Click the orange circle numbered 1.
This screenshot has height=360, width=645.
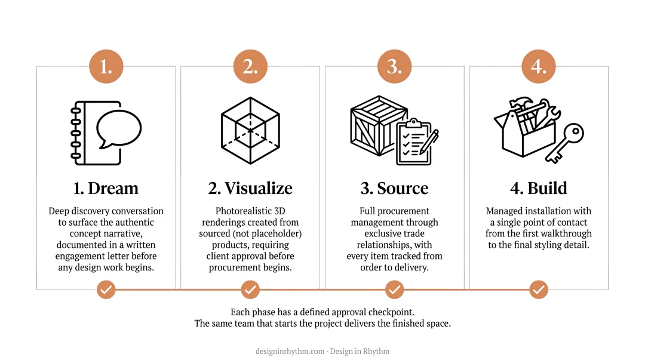point(106,66)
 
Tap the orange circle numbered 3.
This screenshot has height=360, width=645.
point(395,66)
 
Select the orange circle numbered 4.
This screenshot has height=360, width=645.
point(539,66)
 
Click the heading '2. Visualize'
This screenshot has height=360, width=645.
point(250,189)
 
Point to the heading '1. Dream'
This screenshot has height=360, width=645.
point(106,189)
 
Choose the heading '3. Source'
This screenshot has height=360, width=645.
point(395,189)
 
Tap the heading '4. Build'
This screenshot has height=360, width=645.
point(539,189)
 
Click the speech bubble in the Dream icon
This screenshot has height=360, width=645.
point(119,128)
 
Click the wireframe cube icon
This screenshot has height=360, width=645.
point(250,130)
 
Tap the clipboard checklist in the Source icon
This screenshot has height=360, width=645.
point(416,142)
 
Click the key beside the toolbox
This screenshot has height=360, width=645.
point(565,143)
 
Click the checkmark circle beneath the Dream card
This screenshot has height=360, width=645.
point(106,290)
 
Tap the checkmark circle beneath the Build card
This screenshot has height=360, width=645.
point(539,290)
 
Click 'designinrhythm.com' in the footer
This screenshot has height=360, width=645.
point(290,352)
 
